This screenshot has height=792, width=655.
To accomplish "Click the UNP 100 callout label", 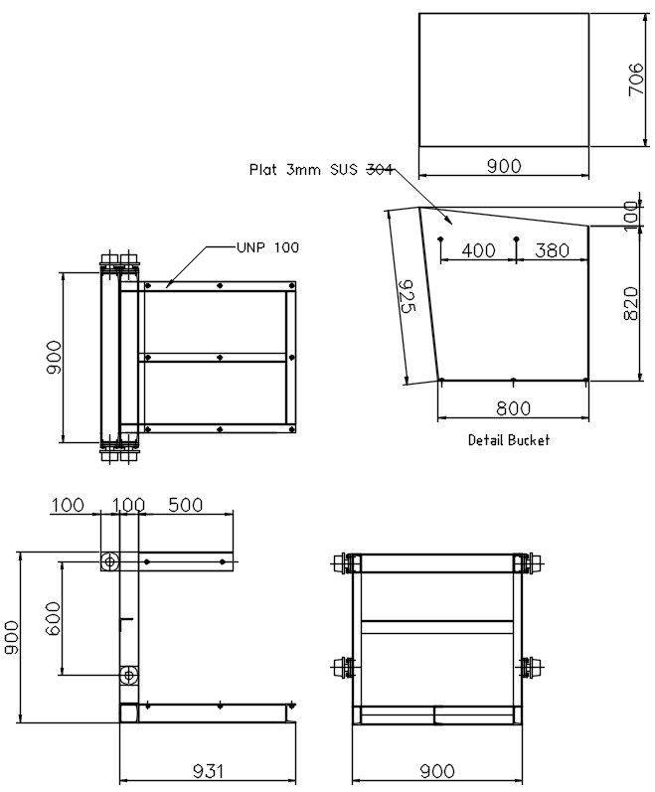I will [266, 247].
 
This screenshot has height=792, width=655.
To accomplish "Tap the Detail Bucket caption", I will [508, 439].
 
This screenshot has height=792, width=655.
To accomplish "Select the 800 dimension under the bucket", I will [513, 407].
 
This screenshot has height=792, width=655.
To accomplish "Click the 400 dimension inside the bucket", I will [478, 250].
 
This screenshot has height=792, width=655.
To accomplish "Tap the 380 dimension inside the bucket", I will [553, 250].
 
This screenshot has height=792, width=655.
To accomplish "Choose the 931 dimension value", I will [208, 770].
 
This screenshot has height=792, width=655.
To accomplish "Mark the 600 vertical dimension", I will [53, 620].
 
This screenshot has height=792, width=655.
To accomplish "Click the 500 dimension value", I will [185, 505].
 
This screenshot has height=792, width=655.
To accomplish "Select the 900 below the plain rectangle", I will [504, 166].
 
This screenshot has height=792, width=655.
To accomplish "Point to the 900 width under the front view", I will [436, 770].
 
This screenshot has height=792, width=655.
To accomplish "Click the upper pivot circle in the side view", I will [109, 561].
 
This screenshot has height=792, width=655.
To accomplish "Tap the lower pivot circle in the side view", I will [128, 676].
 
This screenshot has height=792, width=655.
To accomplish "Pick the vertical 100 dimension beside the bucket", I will [630, 213].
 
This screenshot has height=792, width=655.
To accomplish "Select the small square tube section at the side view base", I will [128, 713].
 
